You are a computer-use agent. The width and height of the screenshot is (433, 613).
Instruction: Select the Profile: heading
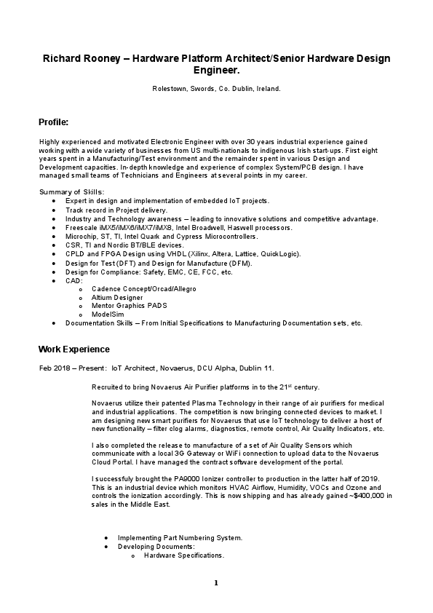click(53, 122)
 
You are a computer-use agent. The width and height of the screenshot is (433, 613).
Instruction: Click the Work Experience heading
click(74, 349)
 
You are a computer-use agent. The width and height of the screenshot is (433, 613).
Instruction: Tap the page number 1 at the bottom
click(216, 583)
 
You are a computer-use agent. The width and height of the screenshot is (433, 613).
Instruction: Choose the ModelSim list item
click(108, 314)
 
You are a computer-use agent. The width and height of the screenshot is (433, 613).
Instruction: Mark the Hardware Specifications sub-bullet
click(184, 555)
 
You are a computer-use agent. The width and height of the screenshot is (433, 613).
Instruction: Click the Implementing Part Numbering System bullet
click(180, 538)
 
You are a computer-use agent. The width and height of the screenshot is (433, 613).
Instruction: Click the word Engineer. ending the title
click(217, 71)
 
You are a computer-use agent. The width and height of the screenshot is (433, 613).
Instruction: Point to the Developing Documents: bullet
click(156, 547)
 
